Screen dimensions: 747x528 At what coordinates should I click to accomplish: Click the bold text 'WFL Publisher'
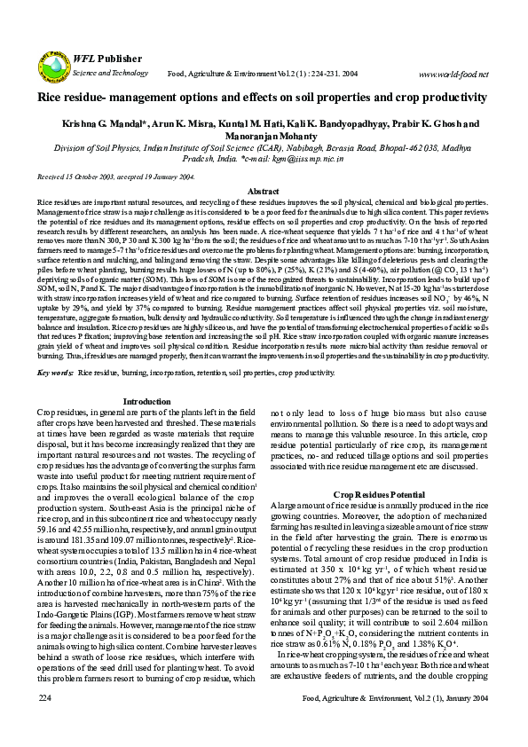point(104,56)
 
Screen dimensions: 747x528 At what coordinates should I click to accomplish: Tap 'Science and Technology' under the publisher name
point(105,71)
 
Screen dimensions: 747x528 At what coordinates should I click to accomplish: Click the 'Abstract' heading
point(263,192)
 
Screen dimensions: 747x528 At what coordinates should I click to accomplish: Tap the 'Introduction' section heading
point(146,427)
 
